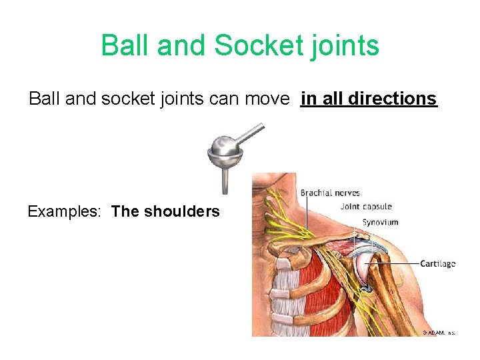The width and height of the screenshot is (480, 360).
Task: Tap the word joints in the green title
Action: tap(347, 46)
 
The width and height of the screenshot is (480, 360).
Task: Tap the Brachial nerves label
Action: tap(331, 193)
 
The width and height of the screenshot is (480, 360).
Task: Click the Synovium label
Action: tap(380, 222)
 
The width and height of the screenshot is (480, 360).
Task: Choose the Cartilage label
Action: tap(437, 263)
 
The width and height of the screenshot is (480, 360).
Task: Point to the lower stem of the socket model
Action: tap(226, 181)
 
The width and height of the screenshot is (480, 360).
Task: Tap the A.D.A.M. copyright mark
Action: tap(438, 331)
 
